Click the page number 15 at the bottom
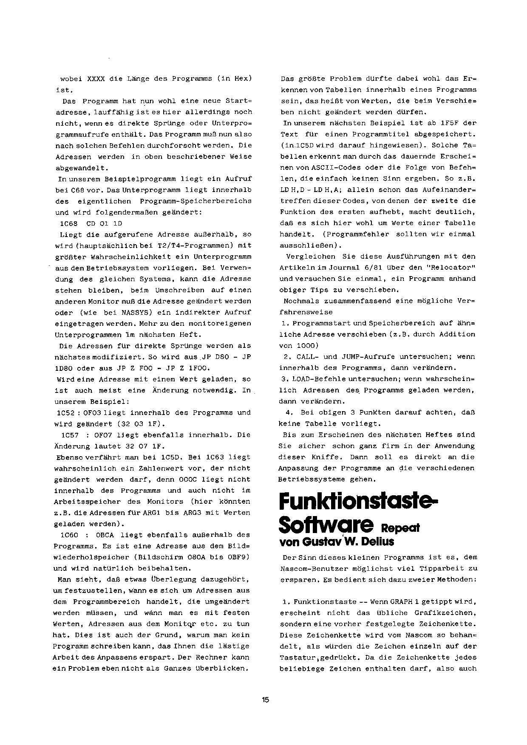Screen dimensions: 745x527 tap(266, 700)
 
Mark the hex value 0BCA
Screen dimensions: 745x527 tap(105, 535)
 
